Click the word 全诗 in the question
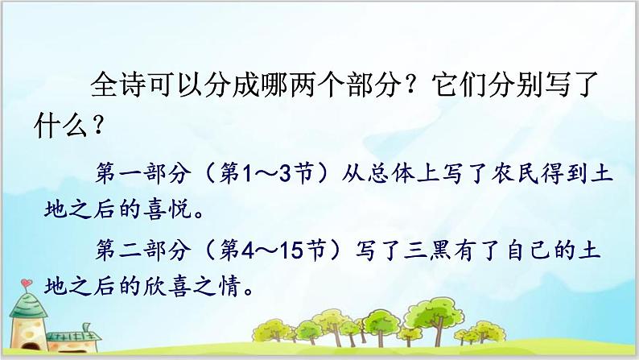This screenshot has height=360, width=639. pyautogui.click(x=119, y=85)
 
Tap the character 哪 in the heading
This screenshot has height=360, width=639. pyautogui.click(x=276, y=85)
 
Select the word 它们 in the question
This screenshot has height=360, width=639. pyautogui.click(x=460, y=85)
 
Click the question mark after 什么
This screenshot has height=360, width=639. pyautogui.click(x=98, y=125)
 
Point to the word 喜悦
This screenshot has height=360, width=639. pyautogui.click(x=167, y=209)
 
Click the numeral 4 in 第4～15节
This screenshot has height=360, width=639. pyautogui.click(x=248, y=250)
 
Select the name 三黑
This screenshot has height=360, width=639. pyautogui.click(x=427, y=250)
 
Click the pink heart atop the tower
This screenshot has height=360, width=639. pyautogui.click(x=26, y=282)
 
